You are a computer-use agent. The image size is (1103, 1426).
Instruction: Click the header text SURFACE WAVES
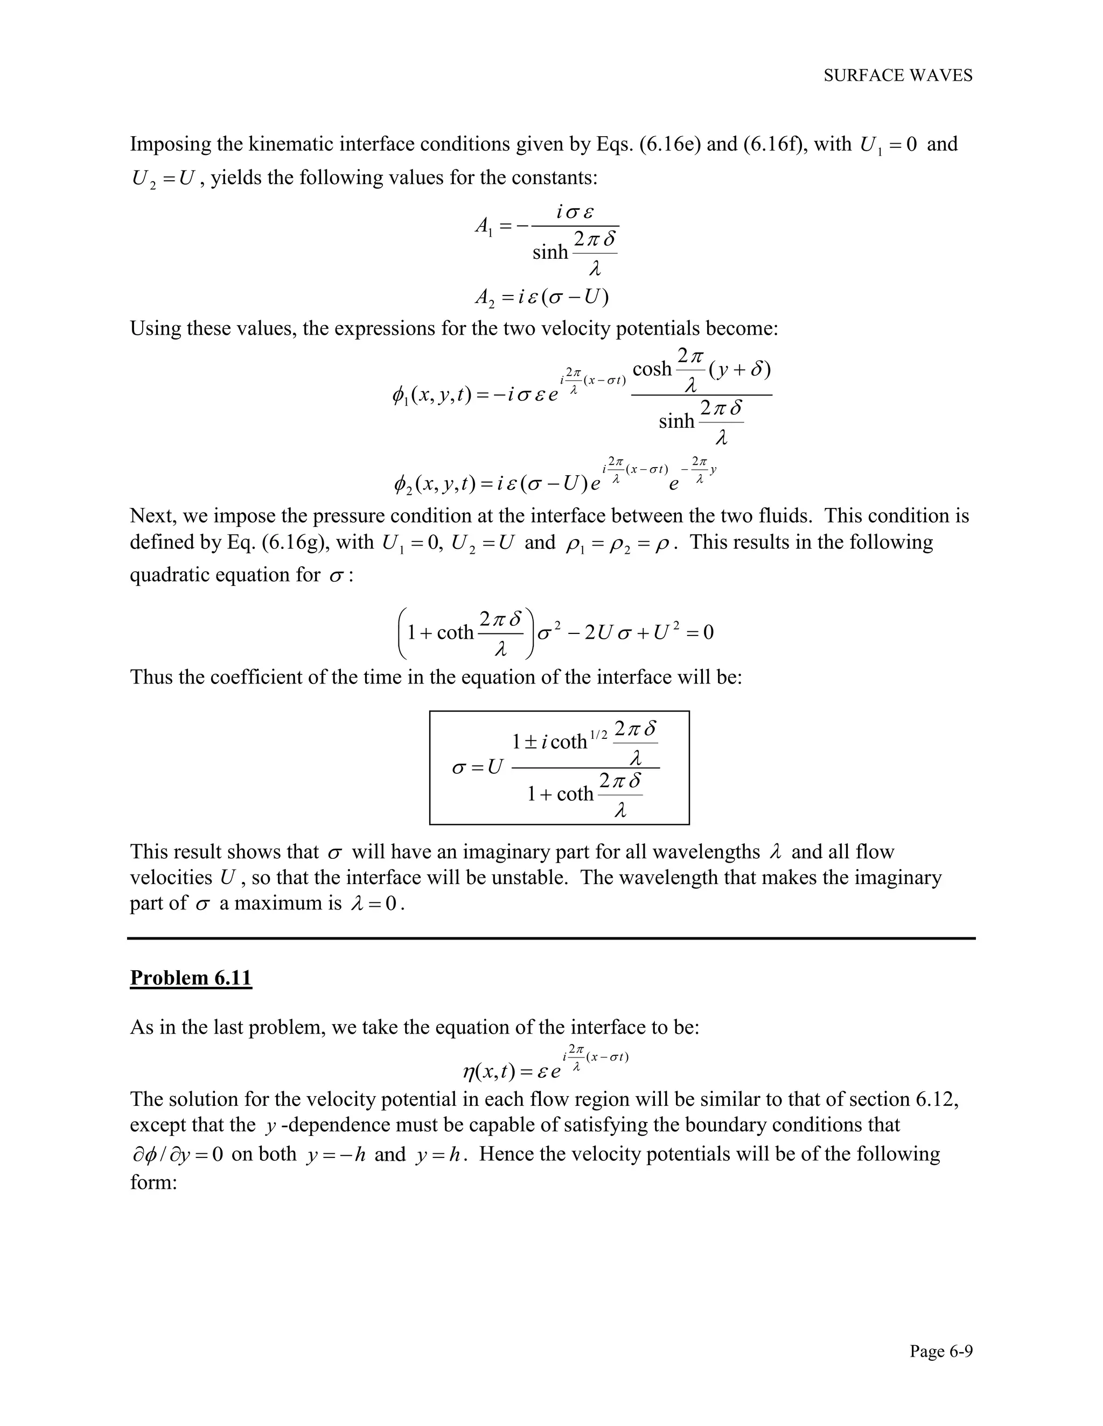pyautogui.click(x=898, y=76)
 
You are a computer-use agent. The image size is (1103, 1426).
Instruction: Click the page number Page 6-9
pyautogui.click(x=941, y=1351)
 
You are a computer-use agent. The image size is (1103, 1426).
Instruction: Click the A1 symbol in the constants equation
pyautogui.click(x=484, y=227)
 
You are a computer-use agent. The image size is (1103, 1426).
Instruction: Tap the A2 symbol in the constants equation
pyautogui.click(x=484, y=298)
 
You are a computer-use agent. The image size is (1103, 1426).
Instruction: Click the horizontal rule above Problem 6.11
pyautogui.click(x=551, y=938)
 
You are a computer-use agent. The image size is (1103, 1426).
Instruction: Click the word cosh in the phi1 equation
pyautogui.click(x=652, y=370)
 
